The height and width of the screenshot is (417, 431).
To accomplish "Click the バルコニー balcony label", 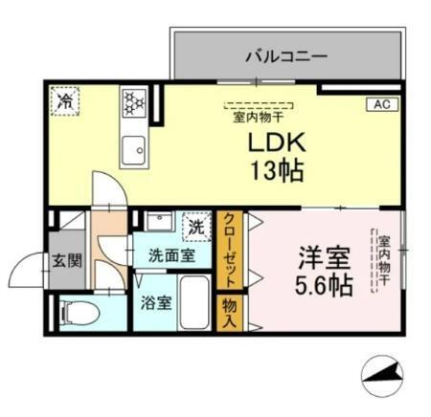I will click(x=285, y=56).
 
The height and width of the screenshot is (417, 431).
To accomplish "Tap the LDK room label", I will click(x=277, y=143).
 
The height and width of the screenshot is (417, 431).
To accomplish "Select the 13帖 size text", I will click(x=277, y=173).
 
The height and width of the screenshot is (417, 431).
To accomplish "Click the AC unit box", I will click(x=378, y=104).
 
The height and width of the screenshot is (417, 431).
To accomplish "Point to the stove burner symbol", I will click(x=132, y=100).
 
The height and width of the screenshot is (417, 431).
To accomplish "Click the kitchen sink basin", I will click(x=132, y=148).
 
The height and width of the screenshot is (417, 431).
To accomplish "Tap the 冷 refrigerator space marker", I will click(x=66, y=99).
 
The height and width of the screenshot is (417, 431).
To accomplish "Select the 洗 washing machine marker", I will click(x=195, y=228).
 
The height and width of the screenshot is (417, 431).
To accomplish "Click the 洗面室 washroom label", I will click(x=171, y=255).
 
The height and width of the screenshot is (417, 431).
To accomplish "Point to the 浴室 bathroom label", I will click(x=157, y=303).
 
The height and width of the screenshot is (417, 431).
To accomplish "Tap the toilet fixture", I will click(x=77, y=312).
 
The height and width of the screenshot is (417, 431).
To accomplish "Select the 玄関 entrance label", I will click(x=66, y=261).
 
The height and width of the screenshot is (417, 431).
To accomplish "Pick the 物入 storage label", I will click(x=231, y=313).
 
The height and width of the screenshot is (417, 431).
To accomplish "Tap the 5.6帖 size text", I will click(x=321, y=284).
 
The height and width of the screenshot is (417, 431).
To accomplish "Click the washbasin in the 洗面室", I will click(x=158, y=224).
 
